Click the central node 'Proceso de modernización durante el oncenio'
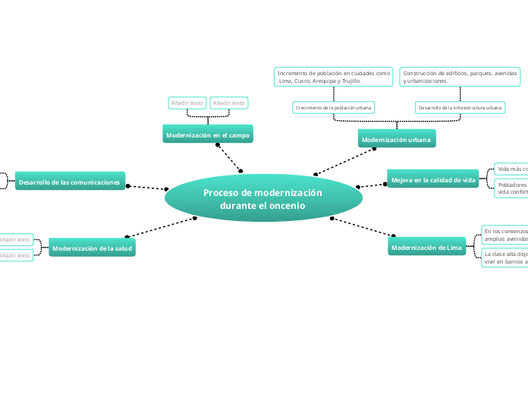(262, 199)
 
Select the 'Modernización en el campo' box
(207, 135)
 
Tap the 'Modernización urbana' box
(396, 140)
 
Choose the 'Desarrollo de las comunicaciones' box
(70, 182)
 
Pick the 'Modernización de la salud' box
(92, 248)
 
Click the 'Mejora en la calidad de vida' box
(432, 180)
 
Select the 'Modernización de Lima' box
(426, 248)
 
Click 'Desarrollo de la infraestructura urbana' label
(460, 108)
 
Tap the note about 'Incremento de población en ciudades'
(333, 76)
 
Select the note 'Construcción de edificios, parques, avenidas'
(460, 76)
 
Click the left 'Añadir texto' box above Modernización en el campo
(187, 103)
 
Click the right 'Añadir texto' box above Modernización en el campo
(228, 103)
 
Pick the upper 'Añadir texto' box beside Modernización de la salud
(15, 239)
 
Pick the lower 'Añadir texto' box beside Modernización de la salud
(15, 256)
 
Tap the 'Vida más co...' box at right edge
(511, 169)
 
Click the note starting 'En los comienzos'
(504, 234)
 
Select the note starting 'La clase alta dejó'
(504, 258)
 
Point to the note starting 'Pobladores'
(511, 188)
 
